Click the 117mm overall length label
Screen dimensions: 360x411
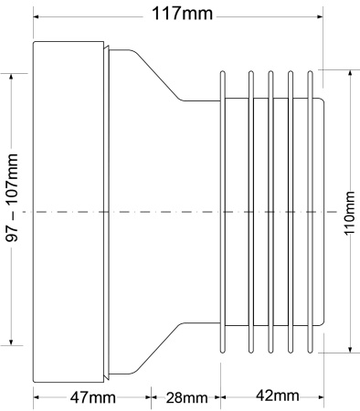click(182, 14)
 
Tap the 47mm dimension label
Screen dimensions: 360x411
click(93, 397)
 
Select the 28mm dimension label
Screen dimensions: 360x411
click(186, 397)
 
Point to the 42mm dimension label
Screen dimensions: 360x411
click(277, 395)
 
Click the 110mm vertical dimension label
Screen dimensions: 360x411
click(349, 213)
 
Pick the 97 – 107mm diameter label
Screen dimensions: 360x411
click(12, 197)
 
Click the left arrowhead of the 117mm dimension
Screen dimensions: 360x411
click(37, 16)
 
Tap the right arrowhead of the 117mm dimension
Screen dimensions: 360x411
click(320, 16)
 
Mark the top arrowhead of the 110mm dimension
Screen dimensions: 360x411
click(350, 74)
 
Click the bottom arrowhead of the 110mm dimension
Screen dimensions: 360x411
click(350, 349)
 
